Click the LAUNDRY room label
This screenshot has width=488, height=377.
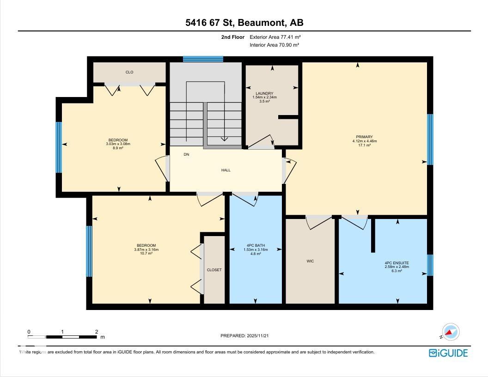click(x=264, y=93)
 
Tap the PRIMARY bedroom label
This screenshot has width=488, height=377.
click(x=365, y=137)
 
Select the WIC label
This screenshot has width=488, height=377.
click(x=310, y=261)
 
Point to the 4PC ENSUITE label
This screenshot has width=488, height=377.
click(x=397, y=263)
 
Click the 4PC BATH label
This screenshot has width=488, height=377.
click(x=256, y=245)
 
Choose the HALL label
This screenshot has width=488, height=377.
click(x=226, y=170)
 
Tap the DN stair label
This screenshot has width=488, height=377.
click(x=186, y=154)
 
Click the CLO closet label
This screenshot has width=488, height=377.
click(x=129, y=72)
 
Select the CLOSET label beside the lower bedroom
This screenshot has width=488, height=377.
click(x=214, y=270)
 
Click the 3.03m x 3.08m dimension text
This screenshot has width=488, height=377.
click(x=118, y=144)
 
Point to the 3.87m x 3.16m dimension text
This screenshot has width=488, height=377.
click(x=146, y=249)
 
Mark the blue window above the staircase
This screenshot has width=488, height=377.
click(x=203, y=59)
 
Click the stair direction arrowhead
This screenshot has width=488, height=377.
click(x=224, y=139)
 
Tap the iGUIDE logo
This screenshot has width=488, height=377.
click(x=448, y=353)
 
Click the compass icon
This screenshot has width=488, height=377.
click(x=451, y=332)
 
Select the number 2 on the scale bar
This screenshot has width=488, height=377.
click(x=97, y=332)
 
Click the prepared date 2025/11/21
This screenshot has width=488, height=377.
click(x=258, y=335)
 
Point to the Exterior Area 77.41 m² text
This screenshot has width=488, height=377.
click(x=275, y=37)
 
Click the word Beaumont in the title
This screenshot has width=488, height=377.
click(x=262, y=23)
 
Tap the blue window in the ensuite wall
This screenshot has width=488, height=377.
click(x=430, y=265)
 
